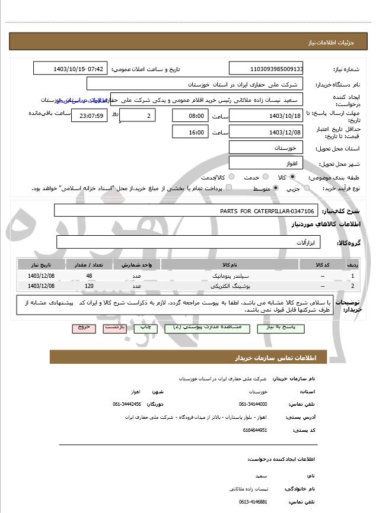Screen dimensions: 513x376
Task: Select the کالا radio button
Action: click(292, 177)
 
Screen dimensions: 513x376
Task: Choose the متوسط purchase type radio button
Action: click(277, 188)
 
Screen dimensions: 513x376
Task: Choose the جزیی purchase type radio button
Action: click(306, 188)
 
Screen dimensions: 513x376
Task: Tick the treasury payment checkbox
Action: click(229, 188)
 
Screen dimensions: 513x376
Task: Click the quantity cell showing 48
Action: click(89, 276)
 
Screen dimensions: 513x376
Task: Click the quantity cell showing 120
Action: click(89, 286)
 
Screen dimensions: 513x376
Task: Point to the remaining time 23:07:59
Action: click(89, 116)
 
